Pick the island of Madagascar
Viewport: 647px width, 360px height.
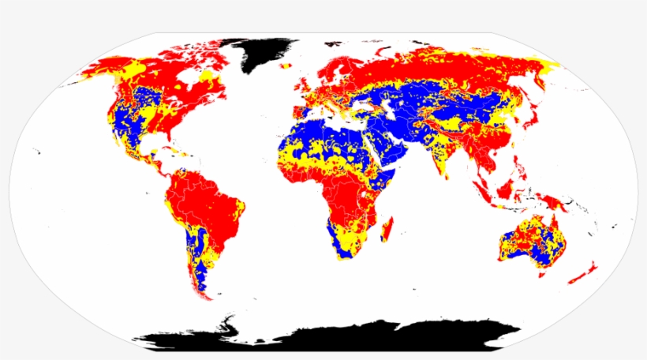tap(387, 231)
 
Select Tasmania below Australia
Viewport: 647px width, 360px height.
tap(540, 264)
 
